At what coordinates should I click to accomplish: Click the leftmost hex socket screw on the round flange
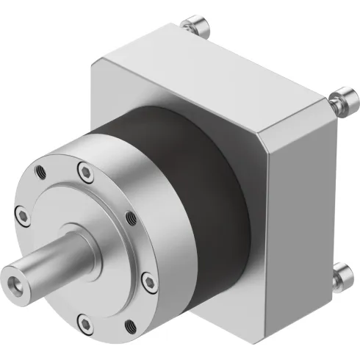(x=24, y=215)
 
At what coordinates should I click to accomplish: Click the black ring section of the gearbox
(x=198, y=176)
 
